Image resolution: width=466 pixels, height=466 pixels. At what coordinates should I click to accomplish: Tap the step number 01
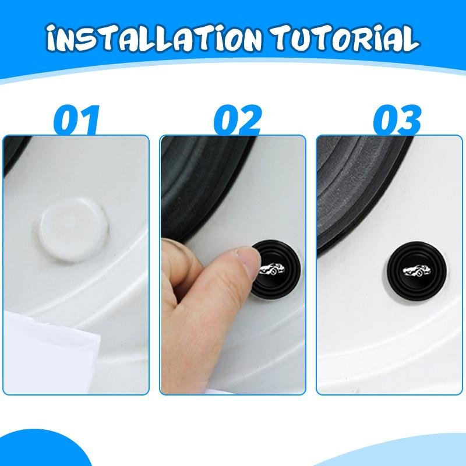coord(76,120)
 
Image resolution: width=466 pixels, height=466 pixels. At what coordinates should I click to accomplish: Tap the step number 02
coord(237,120)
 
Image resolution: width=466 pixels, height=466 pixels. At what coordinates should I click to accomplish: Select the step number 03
coord(397,120)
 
